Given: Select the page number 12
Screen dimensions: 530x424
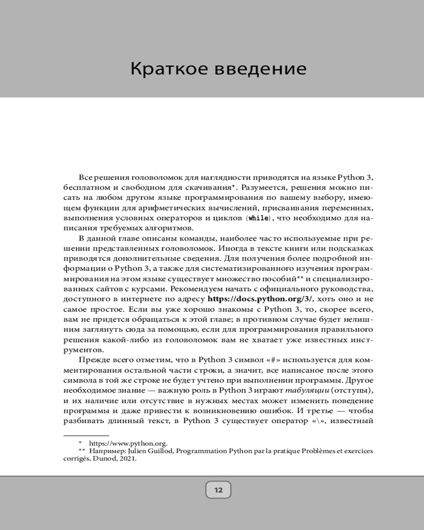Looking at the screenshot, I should [x=218, y=489].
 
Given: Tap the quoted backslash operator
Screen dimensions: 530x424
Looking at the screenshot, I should [x=318, y=421].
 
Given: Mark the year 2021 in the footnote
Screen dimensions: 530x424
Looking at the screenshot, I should [x=128, y=460].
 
